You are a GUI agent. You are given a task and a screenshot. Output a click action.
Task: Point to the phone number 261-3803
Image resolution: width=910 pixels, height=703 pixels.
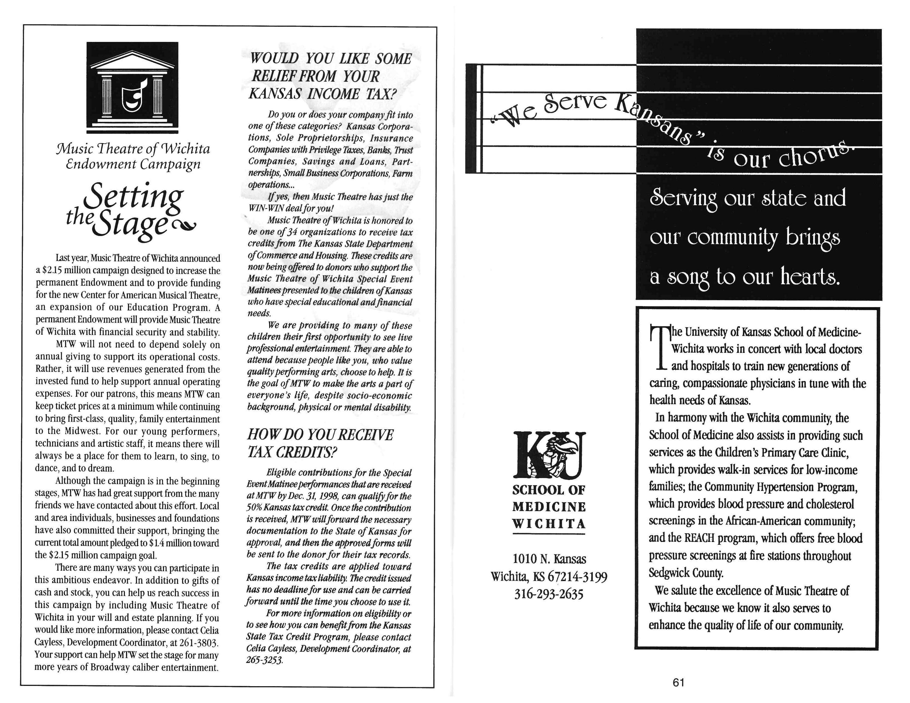click(x=199, y=642)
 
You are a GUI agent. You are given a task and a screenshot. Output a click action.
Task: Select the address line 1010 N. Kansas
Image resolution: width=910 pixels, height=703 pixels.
click(x=549, y=559)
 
